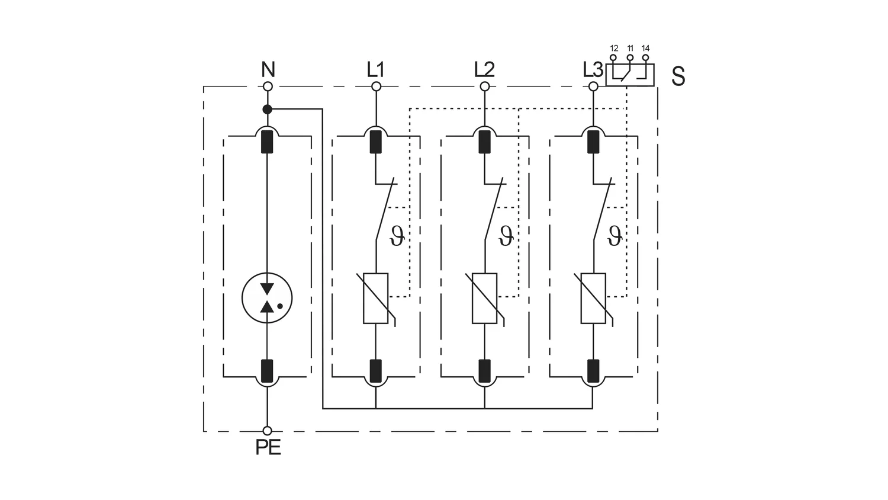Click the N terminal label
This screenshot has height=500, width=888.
click(x=268, y=69)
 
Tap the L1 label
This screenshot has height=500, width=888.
click(x=375, y=69)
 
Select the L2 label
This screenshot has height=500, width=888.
click(x=484, y=69)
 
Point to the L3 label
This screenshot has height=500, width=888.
click(x=593, y=69)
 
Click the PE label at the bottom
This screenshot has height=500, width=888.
click(x=268, y=447)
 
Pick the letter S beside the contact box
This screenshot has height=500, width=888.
click(x=678, y=76)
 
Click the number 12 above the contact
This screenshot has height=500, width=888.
click(x=614, y=49)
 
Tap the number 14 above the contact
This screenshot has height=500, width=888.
click(x=645, y=49)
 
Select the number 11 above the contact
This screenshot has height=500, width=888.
click(x=630, y=49)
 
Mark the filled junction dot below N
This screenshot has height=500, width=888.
click(x=268, y=109)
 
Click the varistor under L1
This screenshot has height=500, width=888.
click(x=376, y=299)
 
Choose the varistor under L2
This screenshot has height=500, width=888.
click(x=484, y=299)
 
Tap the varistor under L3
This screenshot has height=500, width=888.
click(x=593, y=299)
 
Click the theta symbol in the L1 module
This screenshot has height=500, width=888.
click(x=397, y=236)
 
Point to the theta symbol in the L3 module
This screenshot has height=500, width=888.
click(x=614, y=236)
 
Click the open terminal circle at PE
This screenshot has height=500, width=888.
click(x=268, y=431)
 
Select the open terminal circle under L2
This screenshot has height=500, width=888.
click(x=484, y=86)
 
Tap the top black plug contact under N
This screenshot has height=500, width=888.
click(x=267, y=142)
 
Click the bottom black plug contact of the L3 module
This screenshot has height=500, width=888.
click(x=593, y=371)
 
